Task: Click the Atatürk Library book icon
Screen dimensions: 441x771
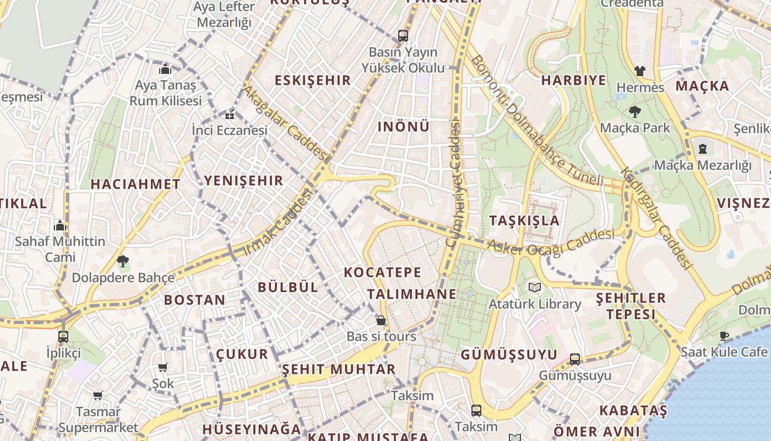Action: [x=535, y=287]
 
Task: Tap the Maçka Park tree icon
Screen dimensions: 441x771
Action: [x=635, y=112]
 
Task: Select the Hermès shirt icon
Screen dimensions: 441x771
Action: [x=639, y=71]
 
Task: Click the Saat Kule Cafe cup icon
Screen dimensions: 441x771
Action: [x=724, y=336]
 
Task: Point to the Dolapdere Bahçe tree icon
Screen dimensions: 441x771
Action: [x=123, y=261]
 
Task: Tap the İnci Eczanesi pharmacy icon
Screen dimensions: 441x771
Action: [x=229, y=115]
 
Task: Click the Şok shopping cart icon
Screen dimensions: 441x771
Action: [x=162, y=367]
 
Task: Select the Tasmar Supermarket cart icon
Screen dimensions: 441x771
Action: [x=98, y=395]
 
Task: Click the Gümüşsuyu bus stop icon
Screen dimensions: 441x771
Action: [x=575, y=359]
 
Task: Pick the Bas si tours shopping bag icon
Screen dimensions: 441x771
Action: [x=381, y=320]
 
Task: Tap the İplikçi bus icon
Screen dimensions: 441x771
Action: [x=63, y=336]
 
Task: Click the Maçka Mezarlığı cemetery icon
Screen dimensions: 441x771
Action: [x=703, y=149]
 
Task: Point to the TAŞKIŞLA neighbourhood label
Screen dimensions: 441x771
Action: [x=524, y=221]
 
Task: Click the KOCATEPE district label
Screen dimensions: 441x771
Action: [x=383, y=272]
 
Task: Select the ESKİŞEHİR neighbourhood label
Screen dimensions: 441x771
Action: [x=313, y=80]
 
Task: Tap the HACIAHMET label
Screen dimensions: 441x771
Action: [x=135, y=184]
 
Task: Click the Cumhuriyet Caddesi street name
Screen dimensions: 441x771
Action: [x=453, y=185]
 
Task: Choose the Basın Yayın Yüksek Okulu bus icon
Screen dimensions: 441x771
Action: [x=403, y=36]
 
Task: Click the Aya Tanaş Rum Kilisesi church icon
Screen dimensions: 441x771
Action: [x=165, y=69]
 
